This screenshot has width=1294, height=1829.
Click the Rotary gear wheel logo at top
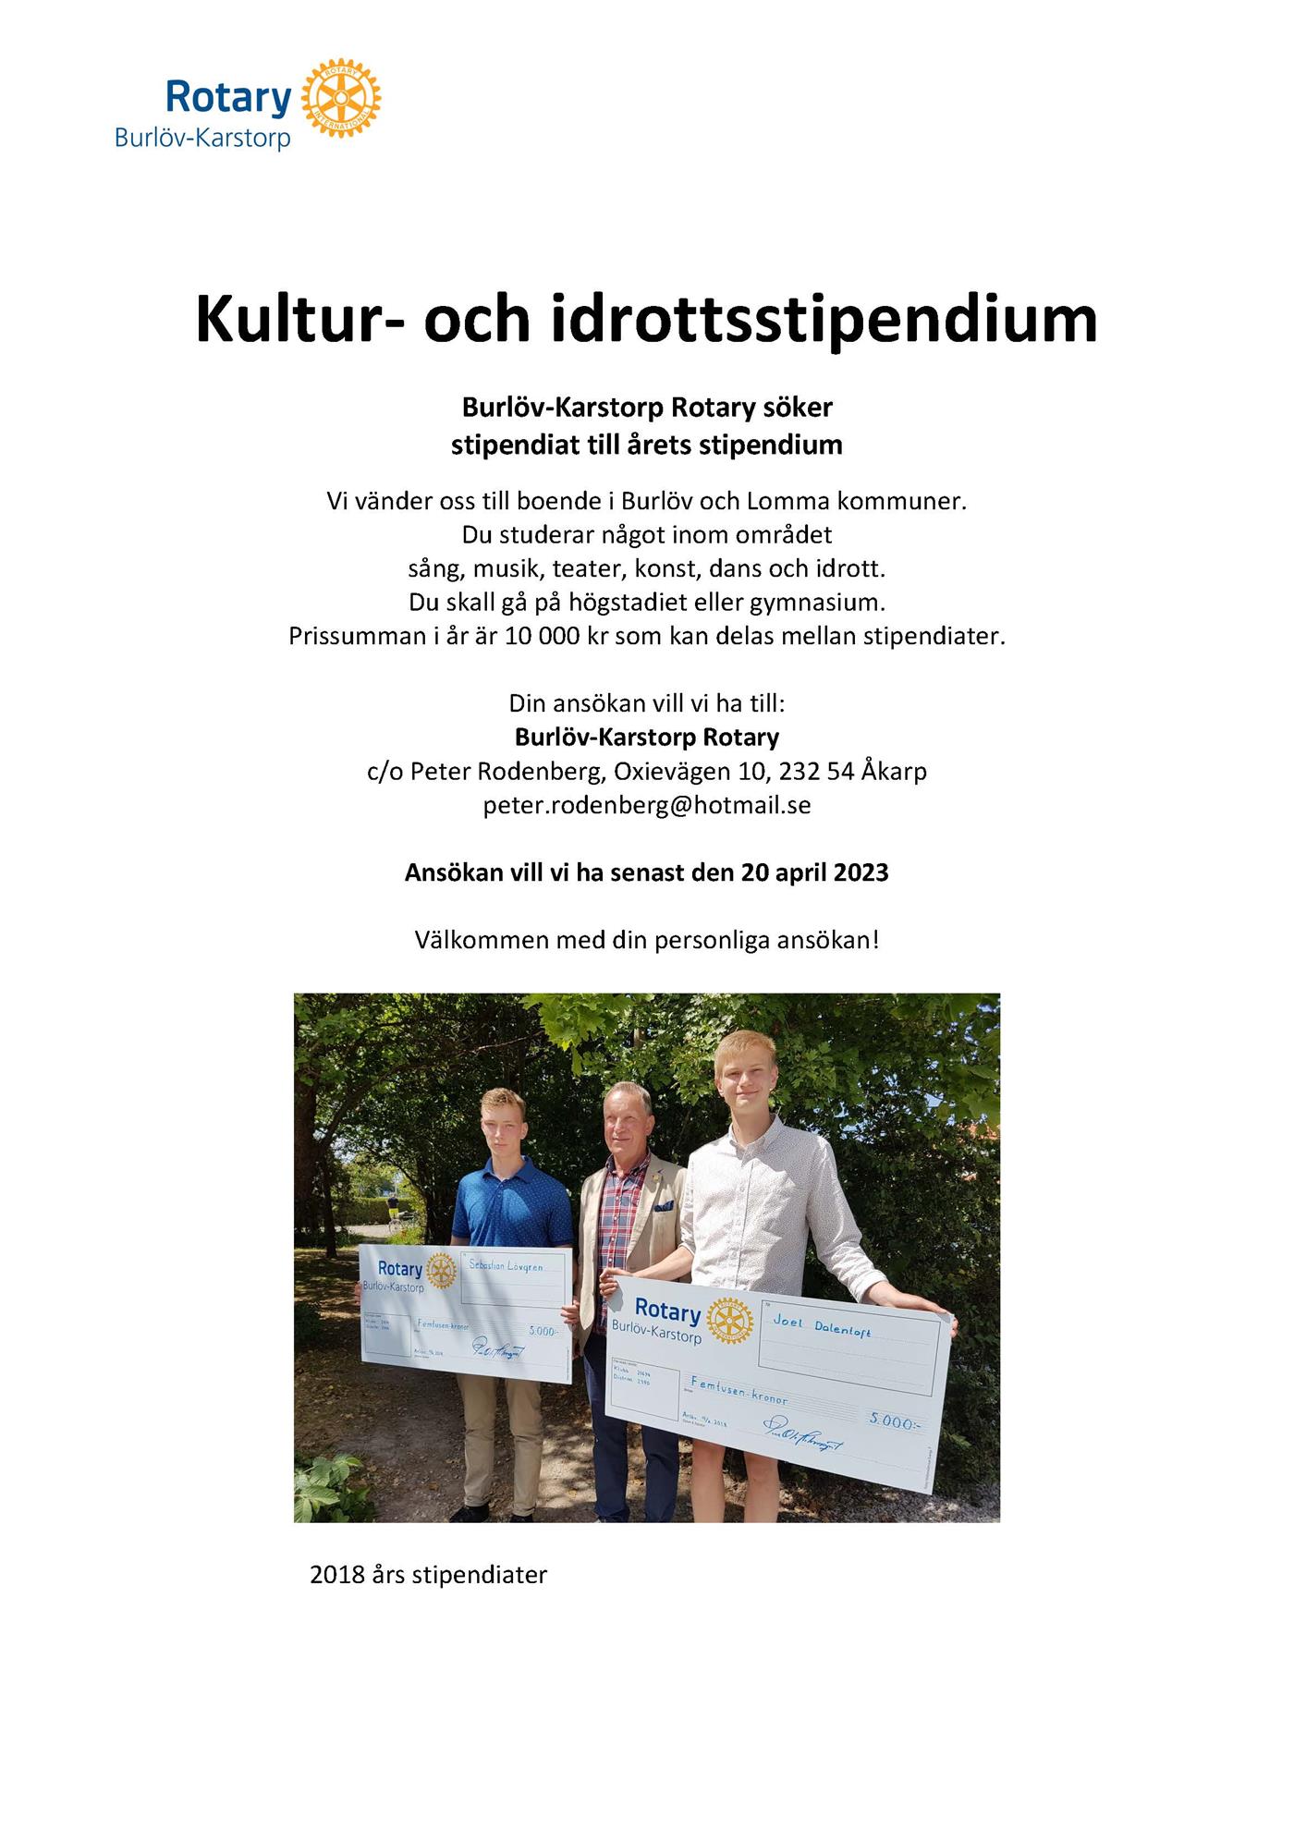(x=341, y=99)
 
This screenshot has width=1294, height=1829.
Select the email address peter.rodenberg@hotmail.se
(x=647, y=805)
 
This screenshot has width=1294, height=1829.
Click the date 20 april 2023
(x=814, y=872)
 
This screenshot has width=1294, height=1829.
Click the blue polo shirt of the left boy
(x=511, y=1201)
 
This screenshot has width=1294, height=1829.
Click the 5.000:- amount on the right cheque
(x=894, y=1421)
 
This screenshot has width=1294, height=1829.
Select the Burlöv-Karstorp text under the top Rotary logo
(x=202, y=138)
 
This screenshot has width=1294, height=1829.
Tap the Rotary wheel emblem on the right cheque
(x=729, y=1319)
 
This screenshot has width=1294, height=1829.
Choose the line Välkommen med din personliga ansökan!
(x=647, y=940)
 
